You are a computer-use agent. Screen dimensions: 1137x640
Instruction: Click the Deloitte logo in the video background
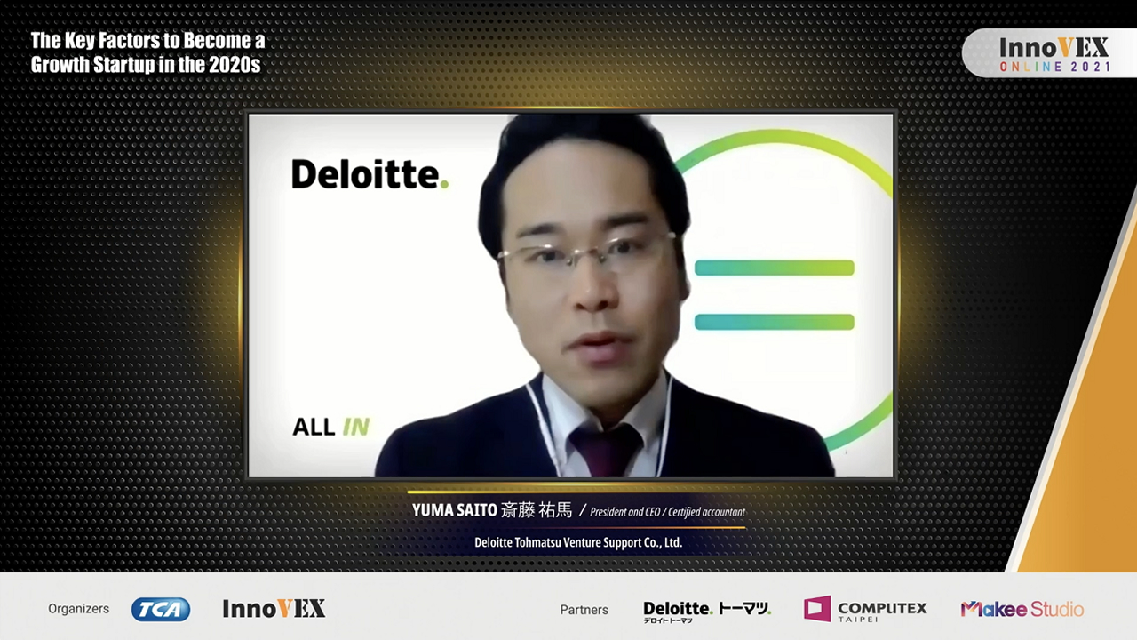(370, 174)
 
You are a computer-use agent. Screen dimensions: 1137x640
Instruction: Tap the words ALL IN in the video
(331, 428)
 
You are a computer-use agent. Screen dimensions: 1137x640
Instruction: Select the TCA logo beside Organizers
(161, 609)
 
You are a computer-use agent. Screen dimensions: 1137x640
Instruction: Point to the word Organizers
(79, 609)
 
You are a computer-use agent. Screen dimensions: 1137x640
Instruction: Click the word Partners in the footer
(584, 610)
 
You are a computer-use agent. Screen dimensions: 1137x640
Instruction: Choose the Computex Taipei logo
(865, 609)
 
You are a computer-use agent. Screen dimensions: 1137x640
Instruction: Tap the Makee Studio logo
(1022, 609)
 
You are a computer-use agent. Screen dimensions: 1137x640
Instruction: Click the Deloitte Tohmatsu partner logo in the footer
(707, 612)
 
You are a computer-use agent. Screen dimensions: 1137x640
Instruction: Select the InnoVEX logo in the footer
(274, 609)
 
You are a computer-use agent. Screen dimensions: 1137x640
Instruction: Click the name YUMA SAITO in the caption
(454, 510)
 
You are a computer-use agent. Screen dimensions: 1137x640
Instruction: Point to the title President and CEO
(624, 512)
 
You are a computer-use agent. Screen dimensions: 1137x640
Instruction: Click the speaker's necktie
(606, 451)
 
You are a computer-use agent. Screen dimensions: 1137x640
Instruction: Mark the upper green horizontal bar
(774, 268)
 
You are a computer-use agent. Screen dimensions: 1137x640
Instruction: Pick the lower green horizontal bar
(774, 322)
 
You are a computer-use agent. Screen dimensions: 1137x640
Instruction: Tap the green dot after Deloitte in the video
(444, 185)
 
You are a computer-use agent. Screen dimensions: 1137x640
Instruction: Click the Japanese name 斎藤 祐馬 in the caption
(537, 510)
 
